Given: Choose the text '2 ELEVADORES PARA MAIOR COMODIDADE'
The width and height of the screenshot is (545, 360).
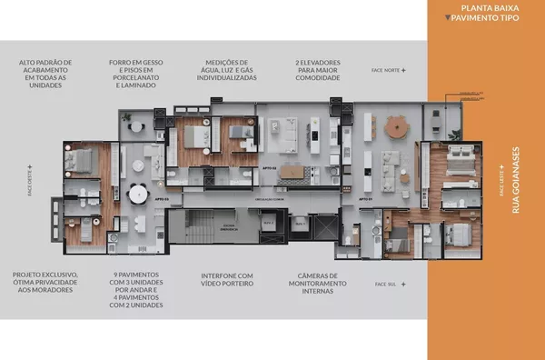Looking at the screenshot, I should tap(318, 71).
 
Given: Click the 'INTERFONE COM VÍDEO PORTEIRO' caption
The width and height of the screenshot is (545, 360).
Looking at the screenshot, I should tap(227, 279).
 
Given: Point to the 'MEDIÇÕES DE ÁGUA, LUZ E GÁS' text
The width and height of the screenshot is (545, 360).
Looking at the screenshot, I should tap(227, 71).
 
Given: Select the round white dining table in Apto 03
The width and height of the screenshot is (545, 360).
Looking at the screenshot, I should tap(137, 194).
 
